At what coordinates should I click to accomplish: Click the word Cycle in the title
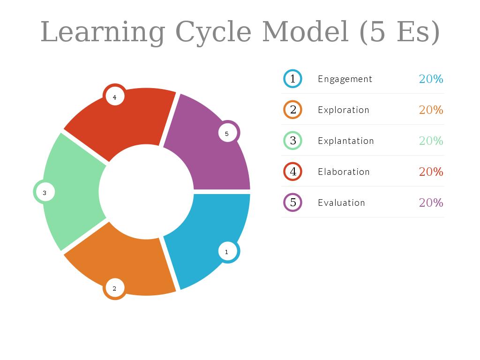point(213,32)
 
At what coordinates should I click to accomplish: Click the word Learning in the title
point(103,32)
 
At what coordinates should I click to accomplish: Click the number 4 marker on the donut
point(114,97)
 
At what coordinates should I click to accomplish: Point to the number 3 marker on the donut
point(45,192)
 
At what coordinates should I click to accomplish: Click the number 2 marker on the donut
point(114,288)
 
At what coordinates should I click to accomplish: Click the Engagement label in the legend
point(345,79)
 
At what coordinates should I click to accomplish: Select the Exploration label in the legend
point(344,110)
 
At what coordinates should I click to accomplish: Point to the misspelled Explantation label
point(346,141)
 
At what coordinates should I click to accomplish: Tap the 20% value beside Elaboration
point(431,172)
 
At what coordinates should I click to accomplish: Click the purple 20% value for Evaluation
point(431,202)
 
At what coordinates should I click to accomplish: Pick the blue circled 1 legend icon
point(292,79)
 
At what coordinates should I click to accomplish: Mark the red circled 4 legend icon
point(292,172)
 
